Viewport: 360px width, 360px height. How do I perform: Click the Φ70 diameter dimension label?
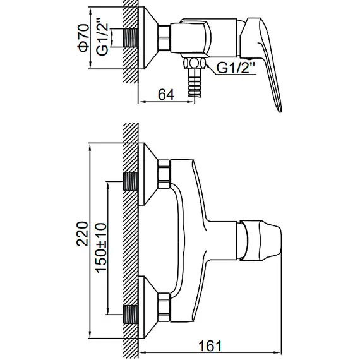click(x=82, y=39)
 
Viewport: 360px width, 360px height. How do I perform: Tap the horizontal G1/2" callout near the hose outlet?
click(x=236, y=68)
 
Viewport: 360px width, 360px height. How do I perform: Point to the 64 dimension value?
click(x=166, y=95)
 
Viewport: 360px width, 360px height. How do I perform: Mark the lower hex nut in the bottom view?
click(x=164, y=304)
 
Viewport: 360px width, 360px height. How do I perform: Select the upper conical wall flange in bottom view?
click(x=150, y=174)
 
